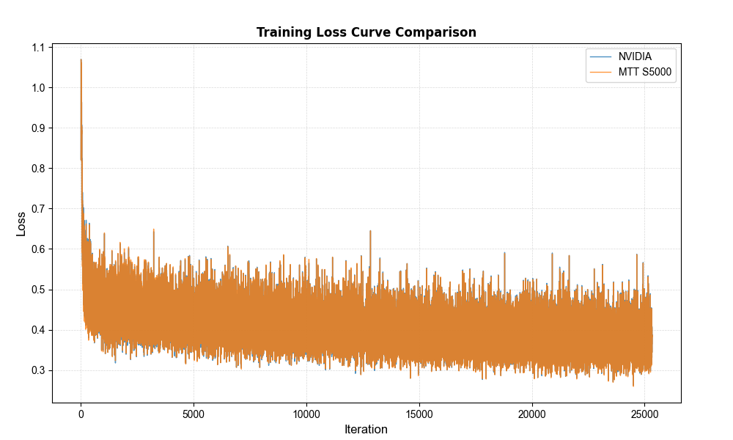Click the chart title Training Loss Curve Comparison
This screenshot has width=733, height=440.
(x=366, y=32)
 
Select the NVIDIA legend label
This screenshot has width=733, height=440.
(x=635, y=56)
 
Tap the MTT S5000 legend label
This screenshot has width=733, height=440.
(x=645, y=72)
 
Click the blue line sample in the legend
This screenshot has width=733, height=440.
(x=601, y=56)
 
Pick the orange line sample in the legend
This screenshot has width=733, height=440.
(x=601, y=72)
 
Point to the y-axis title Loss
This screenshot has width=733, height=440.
(x=21, y=223)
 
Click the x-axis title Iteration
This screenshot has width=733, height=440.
(x=366, y=430)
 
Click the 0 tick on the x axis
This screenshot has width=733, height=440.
(x=81, y=413)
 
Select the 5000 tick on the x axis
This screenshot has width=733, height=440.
(x=194, y=413)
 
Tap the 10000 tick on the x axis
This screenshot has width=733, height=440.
(x=306, y=413)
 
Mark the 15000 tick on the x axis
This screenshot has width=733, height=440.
(x=419, y=413)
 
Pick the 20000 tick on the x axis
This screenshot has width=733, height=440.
(x=531, y=413)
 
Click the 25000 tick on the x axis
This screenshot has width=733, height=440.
(x=644, y=413)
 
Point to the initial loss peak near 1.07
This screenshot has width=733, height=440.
(x=81, y=60)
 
